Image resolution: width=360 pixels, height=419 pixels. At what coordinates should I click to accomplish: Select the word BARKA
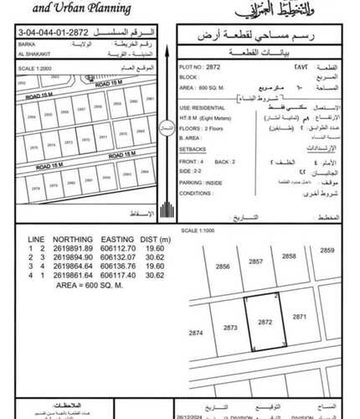pos(26,43)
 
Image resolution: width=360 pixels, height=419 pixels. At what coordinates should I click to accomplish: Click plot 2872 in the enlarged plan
pos(265,322)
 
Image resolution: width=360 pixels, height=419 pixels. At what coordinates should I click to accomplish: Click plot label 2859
pos(327,250)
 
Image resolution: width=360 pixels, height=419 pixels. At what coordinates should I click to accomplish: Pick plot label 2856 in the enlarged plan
pos(222,266)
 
